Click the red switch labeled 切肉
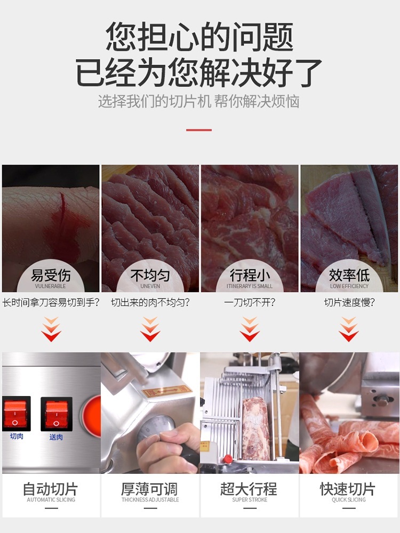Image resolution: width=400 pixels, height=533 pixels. tap(16, 414)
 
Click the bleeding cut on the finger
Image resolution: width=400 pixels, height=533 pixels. tap(63, 213)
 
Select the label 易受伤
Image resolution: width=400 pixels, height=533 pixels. tap(51, 276)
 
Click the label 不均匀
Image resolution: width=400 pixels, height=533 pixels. tap(150, 276)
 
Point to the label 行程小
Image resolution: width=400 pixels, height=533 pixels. tap(250, 276)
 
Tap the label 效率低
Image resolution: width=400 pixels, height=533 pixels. tap(349, 276)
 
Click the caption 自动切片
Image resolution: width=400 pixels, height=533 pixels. tap(51, 489)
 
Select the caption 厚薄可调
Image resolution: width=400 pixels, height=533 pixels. tap(150, 489)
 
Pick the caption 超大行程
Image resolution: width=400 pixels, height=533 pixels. tap(250, 489)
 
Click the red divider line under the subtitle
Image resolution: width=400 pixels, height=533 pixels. tap(199, 130)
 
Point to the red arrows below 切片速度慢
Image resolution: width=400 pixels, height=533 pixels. tap(349, 329)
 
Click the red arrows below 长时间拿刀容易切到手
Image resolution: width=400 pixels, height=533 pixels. tap(51, 329)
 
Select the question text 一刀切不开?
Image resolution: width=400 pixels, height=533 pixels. tap(250, 303)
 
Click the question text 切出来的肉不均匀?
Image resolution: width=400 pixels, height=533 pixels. tap(150, 303)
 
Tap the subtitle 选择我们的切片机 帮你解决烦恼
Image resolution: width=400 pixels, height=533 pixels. tap(199, 101)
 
